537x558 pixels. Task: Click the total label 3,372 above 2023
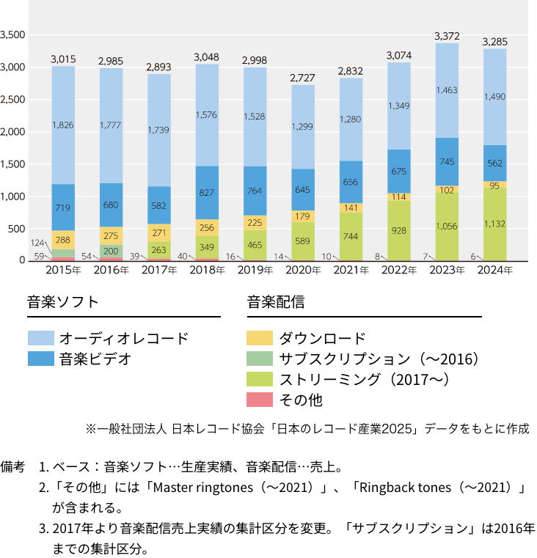click(447, 36)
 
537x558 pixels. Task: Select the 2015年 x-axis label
click(64, 271)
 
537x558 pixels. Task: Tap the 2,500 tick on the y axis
click(13, 100)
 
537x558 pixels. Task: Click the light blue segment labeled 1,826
click(63, 125)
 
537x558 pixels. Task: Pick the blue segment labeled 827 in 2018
click(207, 192)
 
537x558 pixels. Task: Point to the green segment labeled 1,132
click(494, 224)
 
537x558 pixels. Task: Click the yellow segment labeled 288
click(63, 240)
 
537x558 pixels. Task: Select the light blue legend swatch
click(41, 337)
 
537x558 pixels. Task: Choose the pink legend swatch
click(260, 399)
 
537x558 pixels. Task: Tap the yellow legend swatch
click(260, 337)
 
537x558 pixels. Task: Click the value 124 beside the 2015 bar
click(37, 243)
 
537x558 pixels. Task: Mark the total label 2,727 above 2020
click(302, 78)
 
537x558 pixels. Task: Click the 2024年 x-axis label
click(494, 271)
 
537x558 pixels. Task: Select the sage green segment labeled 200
click(111, 251)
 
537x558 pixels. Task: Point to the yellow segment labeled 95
click(494, 185)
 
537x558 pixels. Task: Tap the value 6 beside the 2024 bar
click(473, 256)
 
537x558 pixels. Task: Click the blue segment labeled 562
click(494, 164)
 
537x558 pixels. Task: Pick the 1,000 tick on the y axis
click(13, 197)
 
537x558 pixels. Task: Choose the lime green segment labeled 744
click(351, 236)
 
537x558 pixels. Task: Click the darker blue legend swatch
click(41, 358)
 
